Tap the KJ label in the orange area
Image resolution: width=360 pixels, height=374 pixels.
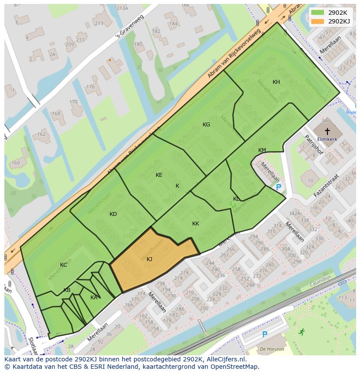(x=149, y=259)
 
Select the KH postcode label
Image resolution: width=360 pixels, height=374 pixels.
(x=276, y=82)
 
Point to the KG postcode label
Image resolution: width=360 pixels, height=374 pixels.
(x=206, y=124)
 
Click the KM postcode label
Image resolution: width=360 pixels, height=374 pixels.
(x=262, y=150)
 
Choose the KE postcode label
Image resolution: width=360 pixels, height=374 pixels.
(x=159, y=175)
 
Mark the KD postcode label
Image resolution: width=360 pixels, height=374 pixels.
(x=113, y=214)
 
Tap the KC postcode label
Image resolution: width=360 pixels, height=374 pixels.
(x=63, y=265)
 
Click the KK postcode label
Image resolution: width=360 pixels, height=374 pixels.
(x=196, y=224)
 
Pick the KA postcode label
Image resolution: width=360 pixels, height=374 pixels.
(x=94, y=298)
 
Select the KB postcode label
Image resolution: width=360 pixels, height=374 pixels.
(x=67, y=290)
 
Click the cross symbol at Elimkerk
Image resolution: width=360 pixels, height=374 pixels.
(x=327, y=131)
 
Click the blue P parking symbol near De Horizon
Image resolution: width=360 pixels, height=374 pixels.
(x=264, y=334)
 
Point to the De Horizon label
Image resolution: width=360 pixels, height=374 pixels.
(x=272, y=349)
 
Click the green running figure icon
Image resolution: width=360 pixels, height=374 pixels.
(x=301, y=332)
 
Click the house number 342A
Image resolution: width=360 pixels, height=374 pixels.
(x=294, y=213)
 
